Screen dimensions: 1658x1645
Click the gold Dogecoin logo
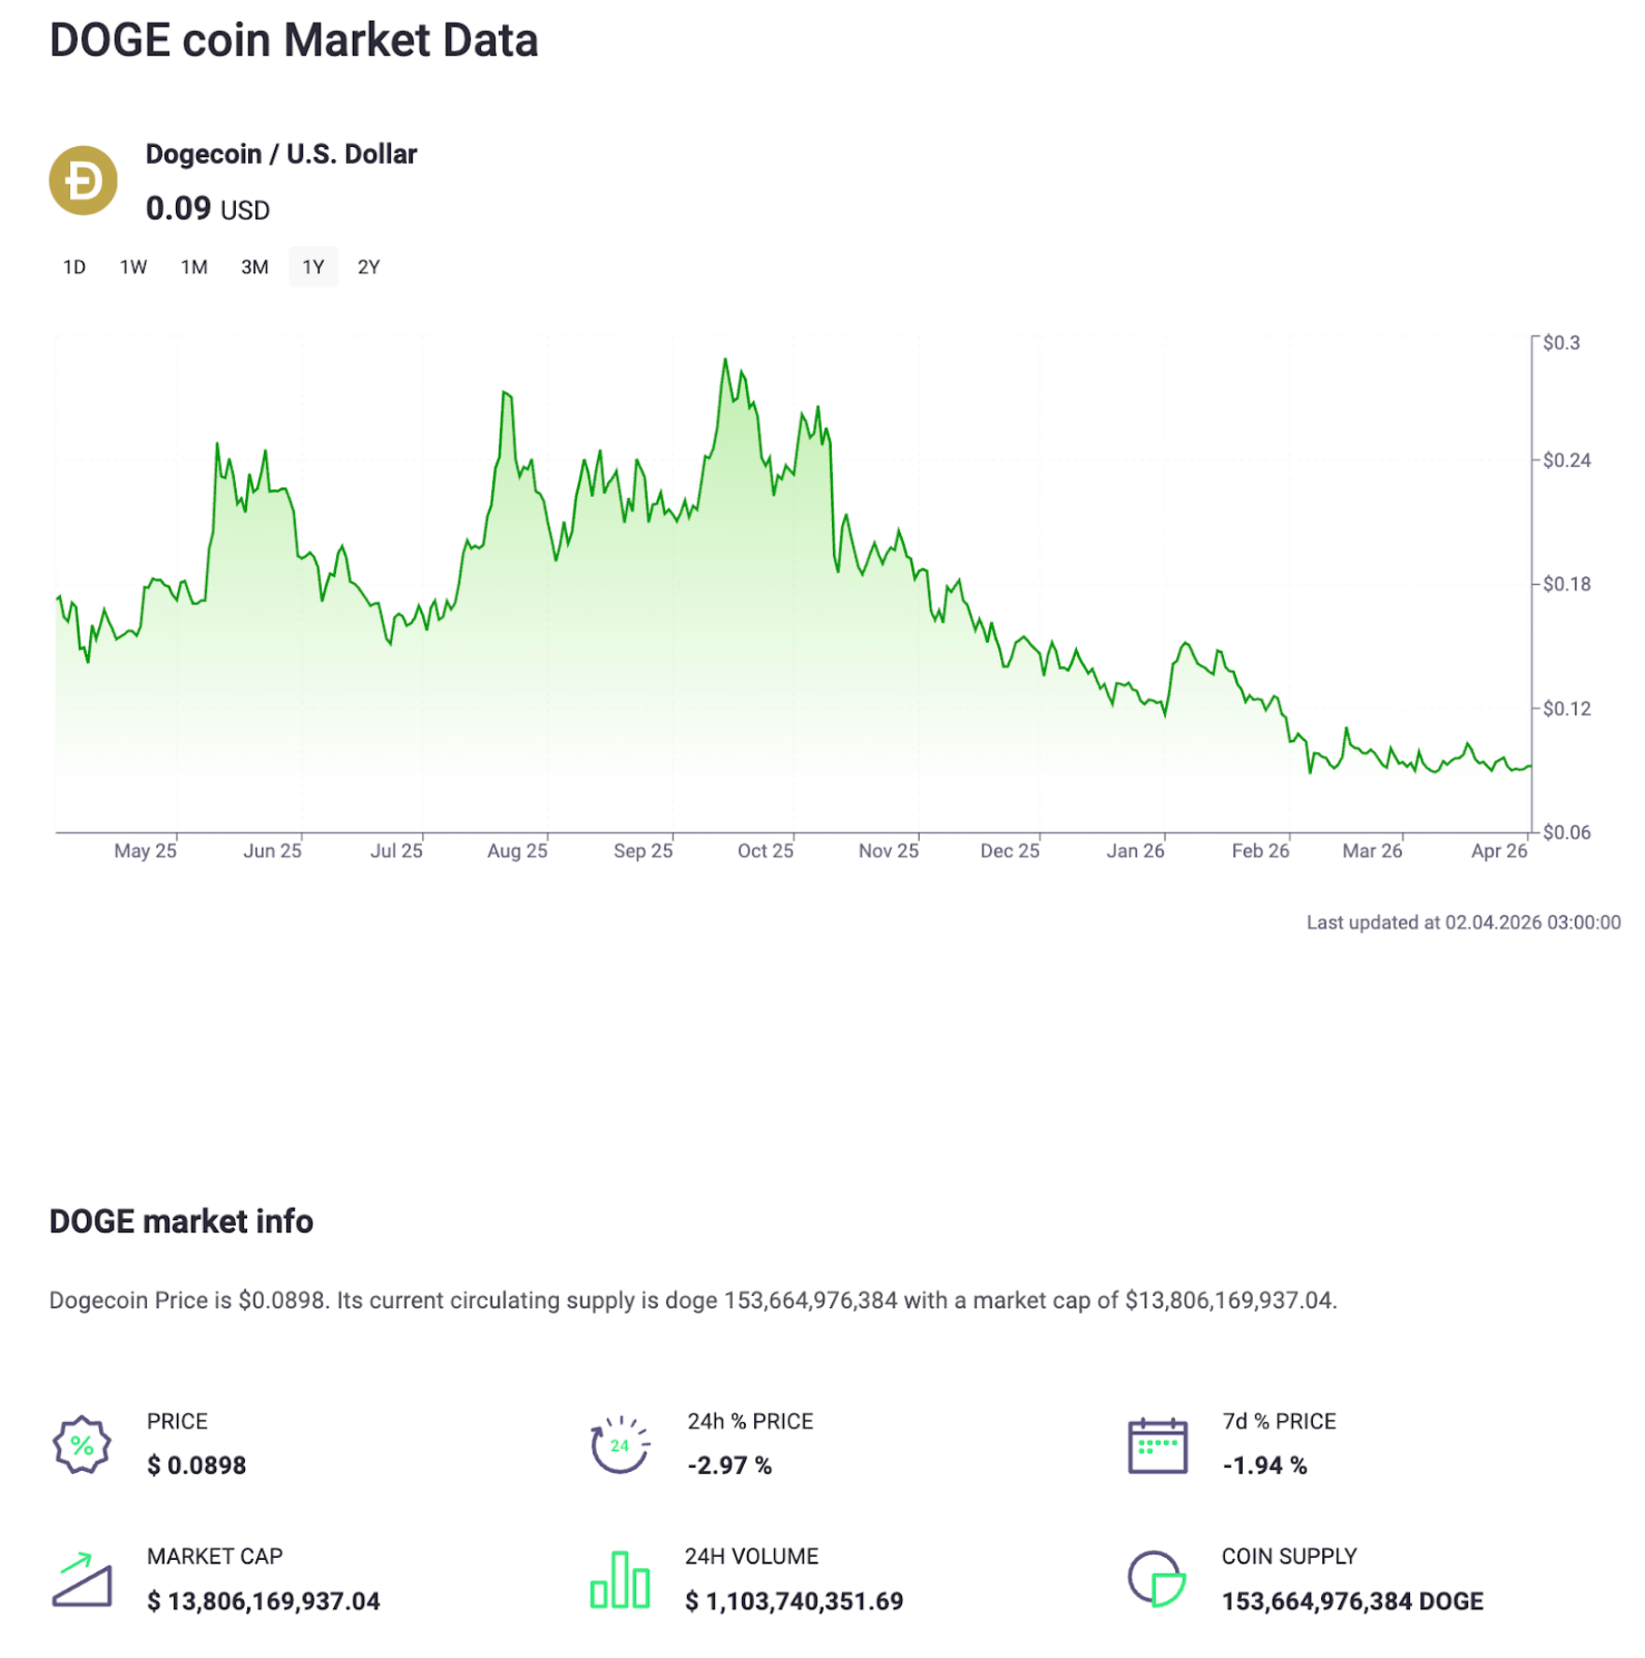(x=83, y=181)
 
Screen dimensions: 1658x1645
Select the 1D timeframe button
(x=74, y=268)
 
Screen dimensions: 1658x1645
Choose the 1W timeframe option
(x=133, y=268)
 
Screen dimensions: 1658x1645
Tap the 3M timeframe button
(x=255, y=268)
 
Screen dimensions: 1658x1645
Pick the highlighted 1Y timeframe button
(x=313, y=268)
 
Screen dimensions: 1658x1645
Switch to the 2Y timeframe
(x=369, y=268)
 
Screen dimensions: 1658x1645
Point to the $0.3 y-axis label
(x=1561, y=343)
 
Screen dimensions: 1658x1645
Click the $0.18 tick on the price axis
(x=1565, y=585)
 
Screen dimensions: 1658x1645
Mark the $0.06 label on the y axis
(x=1565, y=833)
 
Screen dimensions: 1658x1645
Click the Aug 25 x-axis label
(x=517, y=851)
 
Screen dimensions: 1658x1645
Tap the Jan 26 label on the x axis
(x=1135, y=851)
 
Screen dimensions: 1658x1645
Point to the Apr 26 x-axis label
(x=1498, y=851)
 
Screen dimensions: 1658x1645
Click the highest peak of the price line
(x=725, y=359)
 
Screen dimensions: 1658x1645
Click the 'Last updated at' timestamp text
(x=1463, y=923)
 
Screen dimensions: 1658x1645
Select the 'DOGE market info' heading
(x=182, y=1222)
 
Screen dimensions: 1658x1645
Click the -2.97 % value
(x=730, y=1466)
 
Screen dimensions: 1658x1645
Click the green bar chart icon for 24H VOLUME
(x=619, y=1580)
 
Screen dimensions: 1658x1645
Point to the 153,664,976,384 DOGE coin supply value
(x=1352, y=1602)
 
